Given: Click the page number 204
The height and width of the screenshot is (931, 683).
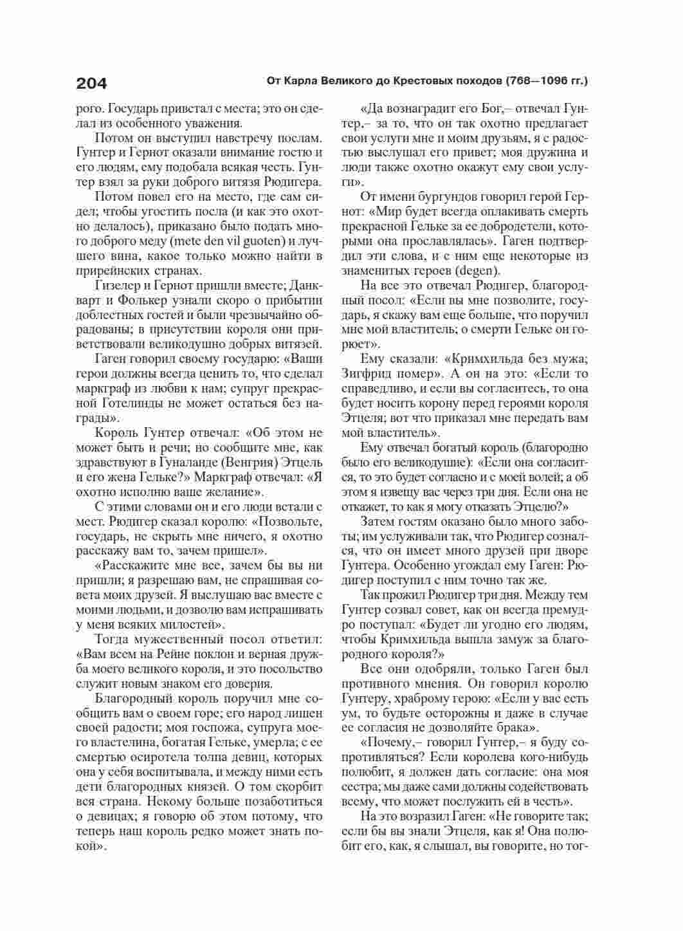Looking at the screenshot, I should (x=91, y=83).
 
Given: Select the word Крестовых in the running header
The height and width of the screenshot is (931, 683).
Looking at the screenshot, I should (x=423, y=82).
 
